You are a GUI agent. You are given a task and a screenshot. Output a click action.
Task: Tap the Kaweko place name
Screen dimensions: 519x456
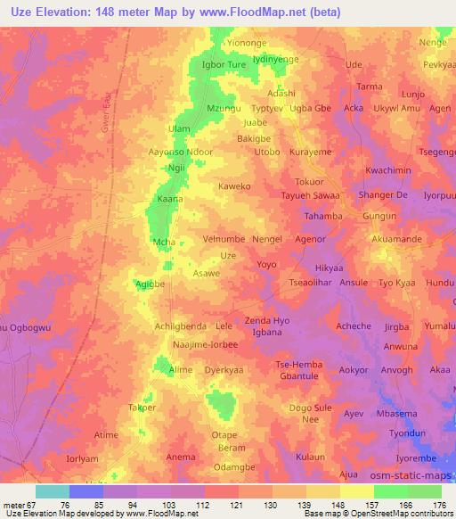(236, 187)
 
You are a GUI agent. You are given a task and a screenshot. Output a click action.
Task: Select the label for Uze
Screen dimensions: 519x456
(229, 255)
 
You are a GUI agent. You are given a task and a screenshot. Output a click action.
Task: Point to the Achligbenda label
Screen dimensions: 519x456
(181, 325)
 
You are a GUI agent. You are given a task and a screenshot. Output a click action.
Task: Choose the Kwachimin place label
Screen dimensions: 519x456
(388, 170)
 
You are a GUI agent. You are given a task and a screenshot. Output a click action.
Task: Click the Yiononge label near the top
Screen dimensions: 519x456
(248, 42)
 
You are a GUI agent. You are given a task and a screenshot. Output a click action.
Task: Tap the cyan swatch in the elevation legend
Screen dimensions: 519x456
(53, 491)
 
